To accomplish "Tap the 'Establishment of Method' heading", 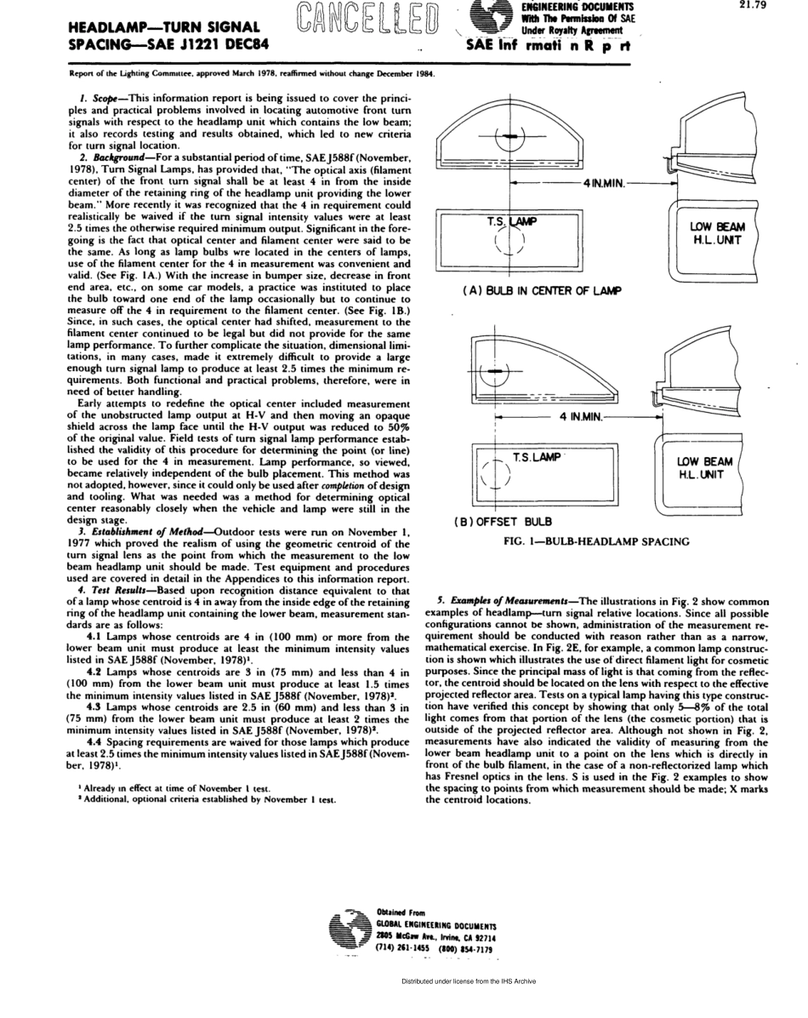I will tap(138, 532).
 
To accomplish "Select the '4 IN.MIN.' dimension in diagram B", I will tap(581, 416).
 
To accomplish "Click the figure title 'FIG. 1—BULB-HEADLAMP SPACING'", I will tap(596, 540).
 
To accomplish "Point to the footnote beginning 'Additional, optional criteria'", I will tap(202, 799).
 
